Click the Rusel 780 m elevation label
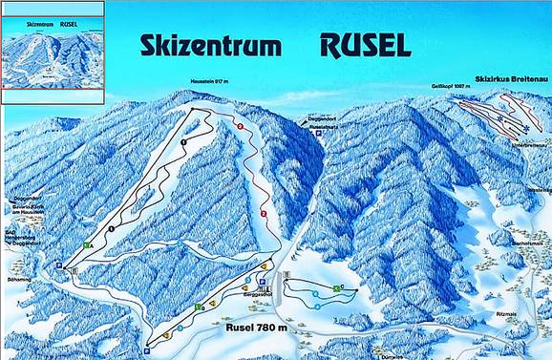[260, 328]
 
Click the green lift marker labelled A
[87, 245]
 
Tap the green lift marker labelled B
[199, 307]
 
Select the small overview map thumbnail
[53, 51]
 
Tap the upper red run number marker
[241, 127]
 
